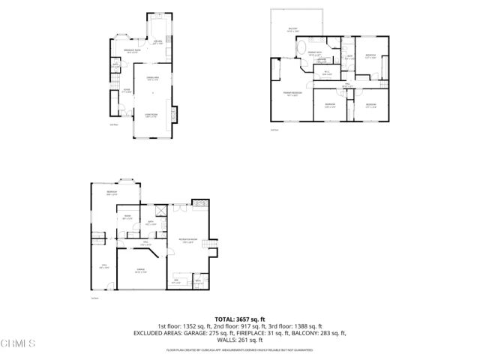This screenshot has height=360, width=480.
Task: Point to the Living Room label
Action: click(x=151, y=115)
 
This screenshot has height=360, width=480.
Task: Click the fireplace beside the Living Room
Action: click(x=175, y=114)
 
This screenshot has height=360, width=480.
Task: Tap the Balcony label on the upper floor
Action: click(x=293, y=30)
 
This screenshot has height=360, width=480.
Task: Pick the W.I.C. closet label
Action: click(x=326, y=73)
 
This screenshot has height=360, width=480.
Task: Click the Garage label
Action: click(x=140, y=271)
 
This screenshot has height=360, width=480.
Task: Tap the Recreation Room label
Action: click(x=187, y=241)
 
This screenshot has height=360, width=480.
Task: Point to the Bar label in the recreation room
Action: click(x=177, y=282)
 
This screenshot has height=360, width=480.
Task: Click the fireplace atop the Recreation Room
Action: click(x=198, y=204)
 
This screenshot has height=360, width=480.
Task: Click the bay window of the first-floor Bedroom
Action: click(x=127, y=180)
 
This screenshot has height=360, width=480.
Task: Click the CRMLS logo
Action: click(x=18, y=344)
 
